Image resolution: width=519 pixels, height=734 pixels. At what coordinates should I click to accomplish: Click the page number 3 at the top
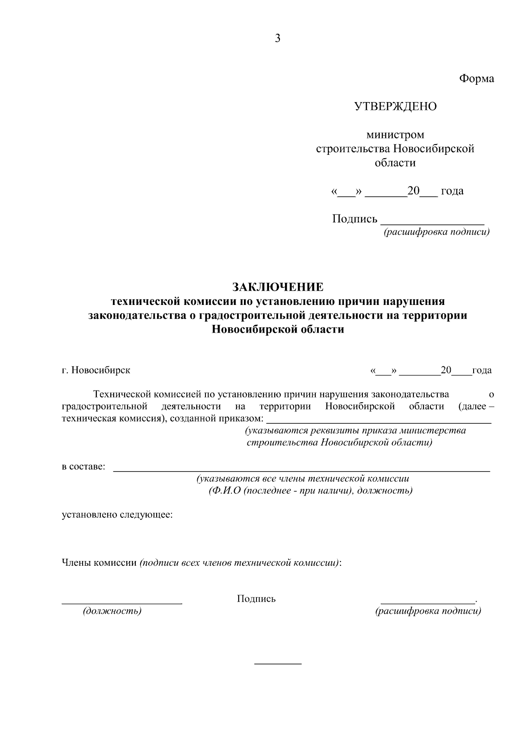coord(277,39)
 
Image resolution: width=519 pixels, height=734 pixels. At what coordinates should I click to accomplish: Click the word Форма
coord(476,79)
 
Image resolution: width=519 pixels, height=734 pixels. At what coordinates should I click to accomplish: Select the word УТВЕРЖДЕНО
coord(395,106)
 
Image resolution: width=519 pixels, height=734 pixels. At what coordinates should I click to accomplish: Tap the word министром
coord(395,135)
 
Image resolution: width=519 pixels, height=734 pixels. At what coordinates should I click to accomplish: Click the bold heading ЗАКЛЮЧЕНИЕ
coord(278,287)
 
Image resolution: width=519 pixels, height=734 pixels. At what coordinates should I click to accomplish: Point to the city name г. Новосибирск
coord(96,370)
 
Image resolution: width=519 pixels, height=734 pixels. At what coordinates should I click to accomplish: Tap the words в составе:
coord(83,467)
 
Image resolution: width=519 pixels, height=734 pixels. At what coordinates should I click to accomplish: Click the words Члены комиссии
coord(99,563)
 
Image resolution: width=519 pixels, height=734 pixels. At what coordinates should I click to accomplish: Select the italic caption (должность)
coord(112,611)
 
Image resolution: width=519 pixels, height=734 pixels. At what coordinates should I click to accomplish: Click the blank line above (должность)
coord(122,603)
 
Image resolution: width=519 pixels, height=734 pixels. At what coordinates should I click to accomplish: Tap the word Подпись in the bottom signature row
coord(256,599)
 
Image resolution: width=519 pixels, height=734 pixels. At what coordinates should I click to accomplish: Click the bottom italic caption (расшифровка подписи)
coord(428,611)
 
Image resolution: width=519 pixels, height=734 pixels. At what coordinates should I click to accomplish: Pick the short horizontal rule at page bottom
coord(278,663)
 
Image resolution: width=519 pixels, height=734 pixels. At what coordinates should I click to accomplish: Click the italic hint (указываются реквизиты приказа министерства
coord(355,431)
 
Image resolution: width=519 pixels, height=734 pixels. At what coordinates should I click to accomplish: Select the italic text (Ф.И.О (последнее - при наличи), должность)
coord(310,491)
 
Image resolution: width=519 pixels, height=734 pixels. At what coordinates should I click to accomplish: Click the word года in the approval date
coord(452,191)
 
